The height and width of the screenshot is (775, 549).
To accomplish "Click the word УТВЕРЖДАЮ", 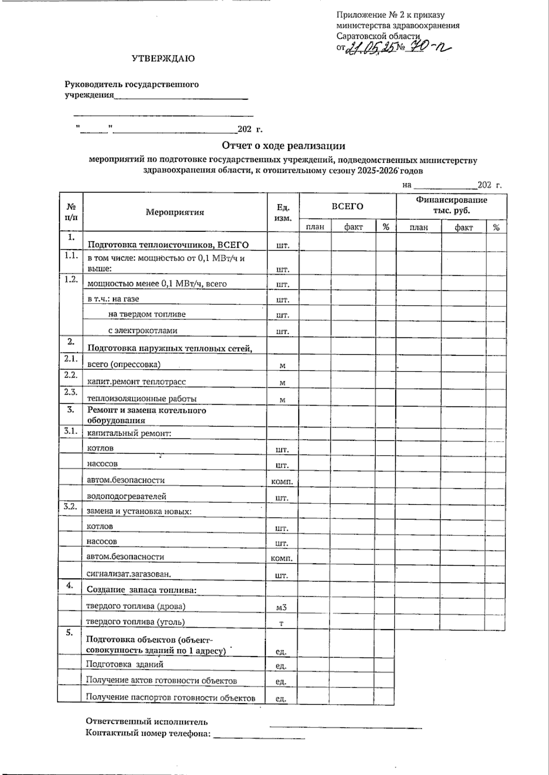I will [163, 59].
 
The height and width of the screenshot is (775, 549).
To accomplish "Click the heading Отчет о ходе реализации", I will [284, 146].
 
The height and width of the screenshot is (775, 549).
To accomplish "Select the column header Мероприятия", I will [175, 212].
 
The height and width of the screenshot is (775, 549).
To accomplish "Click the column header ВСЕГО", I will [347, 206].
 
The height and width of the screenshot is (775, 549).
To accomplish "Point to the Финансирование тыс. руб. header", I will [451, 205].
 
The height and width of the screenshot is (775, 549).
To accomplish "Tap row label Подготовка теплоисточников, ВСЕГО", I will [168, 245].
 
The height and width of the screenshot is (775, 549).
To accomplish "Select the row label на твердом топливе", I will [147, 314].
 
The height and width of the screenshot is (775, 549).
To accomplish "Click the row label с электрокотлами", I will [143, 330].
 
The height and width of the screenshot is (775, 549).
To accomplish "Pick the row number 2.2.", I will [71, 375].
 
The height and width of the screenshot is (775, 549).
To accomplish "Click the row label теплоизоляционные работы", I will [142, 398].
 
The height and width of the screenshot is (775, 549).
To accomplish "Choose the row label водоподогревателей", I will [127, 496].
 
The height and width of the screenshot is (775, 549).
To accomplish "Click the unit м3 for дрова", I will [281, 607].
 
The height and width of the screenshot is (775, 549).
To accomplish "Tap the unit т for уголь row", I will [281, 623].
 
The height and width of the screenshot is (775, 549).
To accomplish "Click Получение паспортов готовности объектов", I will [170, 698].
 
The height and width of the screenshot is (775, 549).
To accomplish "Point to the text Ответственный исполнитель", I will [147, 722].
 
